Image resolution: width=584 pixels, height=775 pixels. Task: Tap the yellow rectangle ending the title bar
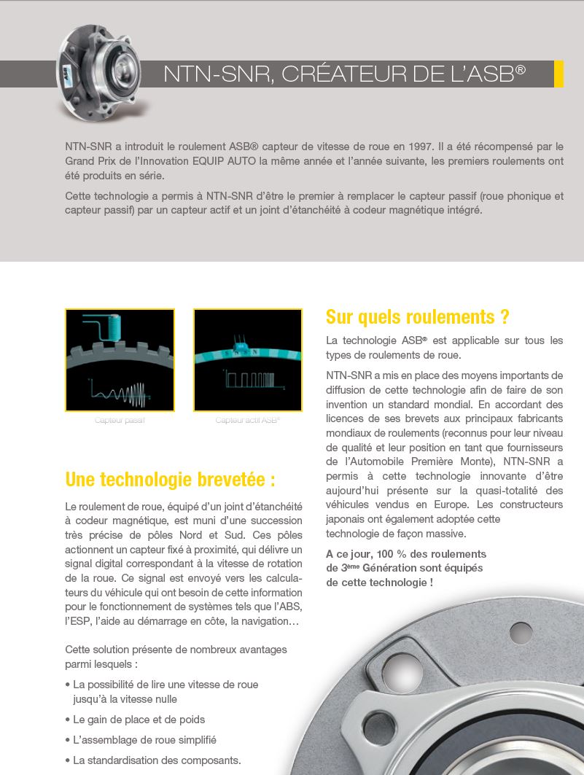(x=558, y=74)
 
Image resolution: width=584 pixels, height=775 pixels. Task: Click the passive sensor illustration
(x=120, y=359)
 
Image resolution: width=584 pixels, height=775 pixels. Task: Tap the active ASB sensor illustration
(x=248, y=359)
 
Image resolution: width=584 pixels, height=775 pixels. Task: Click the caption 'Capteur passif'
(x=120, y=421)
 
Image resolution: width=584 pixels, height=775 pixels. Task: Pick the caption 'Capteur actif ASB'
(x=247, y=421)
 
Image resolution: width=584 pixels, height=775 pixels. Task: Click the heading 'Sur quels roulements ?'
(x=417, y=317)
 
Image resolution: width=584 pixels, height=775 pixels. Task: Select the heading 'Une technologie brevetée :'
(x=170, y=480)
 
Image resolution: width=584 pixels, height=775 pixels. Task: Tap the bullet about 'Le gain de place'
(x=139, y=720)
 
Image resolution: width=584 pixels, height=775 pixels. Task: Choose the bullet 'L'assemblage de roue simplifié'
(x=144, y=740)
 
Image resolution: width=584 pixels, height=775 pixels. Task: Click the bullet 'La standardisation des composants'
(x=157, y=760)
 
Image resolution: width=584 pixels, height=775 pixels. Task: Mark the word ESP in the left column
(x=75, y=621)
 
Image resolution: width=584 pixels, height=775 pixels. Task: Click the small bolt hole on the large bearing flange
(x=521, y=632)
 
